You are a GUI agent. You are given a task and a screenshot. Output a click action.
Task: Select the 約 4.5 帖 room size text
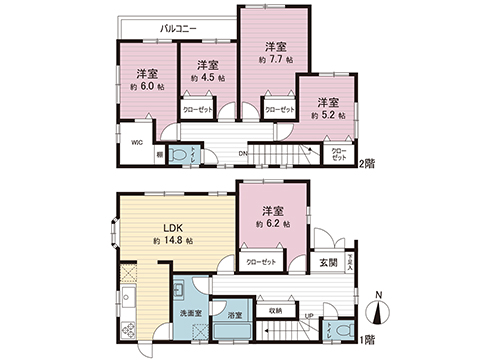click(x=208, y=77)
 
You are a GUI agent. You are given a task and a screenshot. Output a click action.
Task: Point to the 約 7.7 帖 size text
click(x=275, y=60)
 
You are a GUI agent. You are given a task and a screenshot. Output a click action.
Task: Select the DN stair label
click(x=242, y=153)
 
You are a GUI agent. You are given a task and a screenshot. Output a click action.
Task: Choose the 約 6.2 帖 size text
click(x=273, y=226)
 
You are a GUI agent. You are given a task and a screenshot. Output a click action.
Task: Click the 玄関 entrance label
click(x=328, y=262)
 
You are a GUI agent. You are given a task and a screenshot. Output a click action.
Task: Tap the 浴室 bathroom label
click(x=235, y=315)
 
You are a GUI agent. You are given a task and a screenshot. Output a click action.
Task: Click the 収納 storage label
click(x=274, y=310)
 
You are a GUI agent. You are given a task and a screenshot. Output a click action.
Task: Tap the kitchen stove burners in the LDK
click(x=126, y=275)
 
